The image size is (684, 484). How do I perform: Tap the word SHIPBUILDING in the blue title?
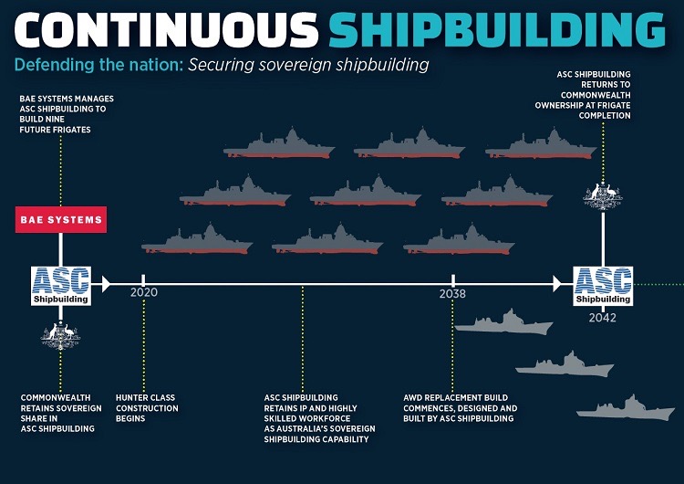497,29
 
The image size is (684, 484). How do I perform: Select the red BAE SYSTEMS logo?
61,220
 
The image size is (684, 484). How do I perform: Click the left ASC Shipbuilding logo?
61,285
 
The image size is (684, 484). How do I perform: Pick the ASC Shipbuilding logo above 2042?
602,285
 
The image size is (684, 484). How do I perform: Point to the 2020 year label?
144,293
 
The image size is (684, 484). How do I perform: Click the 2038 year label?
452,294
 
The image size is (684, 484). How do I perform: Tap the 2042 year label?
602,318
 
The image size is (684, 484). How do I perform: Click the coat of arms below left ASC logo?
61,335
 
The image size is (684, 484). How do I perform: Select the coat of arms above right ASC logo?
602,195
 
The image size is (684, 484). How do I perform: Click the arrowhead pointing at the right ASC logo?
558,285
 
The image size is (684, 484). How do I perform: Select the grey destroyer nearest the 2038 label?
503,324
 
